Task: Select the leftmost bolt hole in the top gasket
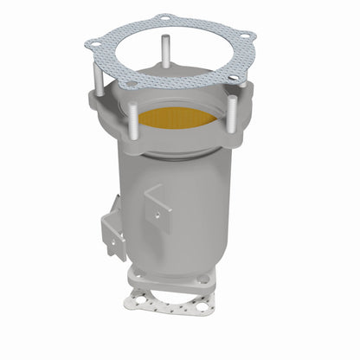[91, 41]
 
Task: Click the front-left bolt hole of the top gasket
[129, 84]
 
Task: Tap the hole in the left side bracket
[107, 228]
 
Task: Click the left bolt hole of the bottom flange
[137, 274]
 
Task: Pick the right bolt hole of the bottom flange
[203, 280]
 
